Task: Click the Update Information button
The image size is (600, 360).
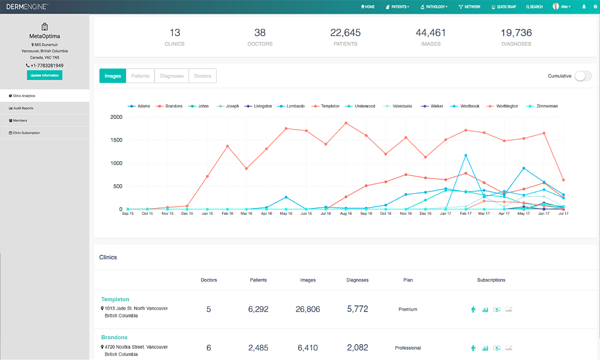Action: point(44,75)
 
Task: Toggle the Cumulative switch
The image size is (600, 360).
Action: point(583,76)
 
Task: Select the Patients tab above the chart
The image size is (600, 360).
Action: point(140,76)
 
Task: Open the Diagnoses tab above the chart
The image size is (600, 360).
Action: point(172,76)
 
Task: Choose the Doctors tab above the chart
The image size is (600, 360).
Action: point(203,76)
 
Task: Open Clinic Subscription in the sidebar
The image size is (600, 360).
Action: point(26,133)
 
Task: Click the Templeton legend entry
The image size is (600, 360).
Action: point(328,106)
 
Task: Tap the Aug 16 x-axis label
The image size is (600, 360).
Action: point(346,214)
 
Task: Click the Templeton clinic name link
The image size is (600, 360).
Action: point(115,299)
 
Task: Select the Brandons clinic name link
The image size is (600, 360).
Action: point(114,337)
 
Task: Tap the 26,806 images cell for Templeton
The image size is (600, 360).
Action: point(307,310)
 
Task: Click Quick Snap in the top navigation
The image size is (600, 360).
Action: point(503,7)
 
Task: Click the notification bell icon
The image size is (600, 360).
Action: point(584,7)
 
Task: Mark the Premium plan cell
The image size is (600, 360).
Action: point(407,310)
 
